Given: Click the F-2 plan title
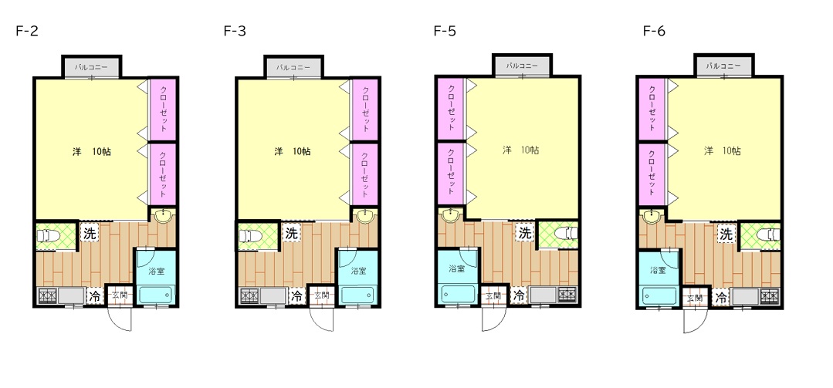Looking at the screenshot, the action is click(27, 32).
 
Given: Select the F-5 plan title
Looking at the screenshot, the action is click(445, 32).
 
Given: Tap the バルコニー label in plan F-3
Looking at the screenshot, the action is click(293, 67).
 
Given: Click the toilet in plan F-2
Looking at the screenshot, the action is click(52, 236).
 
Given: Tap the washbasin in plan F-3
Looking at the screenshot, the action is click(364, 216).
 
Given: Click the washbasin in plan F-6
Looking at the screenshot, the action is click(651, 216).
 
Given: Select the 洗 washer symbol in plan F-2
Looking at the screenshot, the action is click(90, 233).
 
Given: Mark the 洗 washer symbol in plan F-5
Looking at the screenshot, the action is click(525, 232).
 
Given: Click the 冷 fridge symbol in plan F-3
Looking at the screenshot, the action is click(297, 295).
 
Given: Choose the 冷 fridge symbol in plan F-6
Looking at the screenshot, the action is click(721, 297).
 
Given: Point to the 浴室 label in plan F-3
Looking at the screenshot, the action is click(358, 271).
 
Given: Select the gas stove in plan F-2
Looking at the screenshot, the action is click(47, 295).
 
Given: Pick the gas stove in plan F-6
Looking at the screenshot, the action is click(769, 295).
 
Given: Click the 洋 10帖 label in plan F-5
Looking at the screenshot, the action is click(521, 150).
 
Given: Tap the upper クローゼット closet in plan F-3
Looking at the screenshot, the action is click(364, 110).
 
